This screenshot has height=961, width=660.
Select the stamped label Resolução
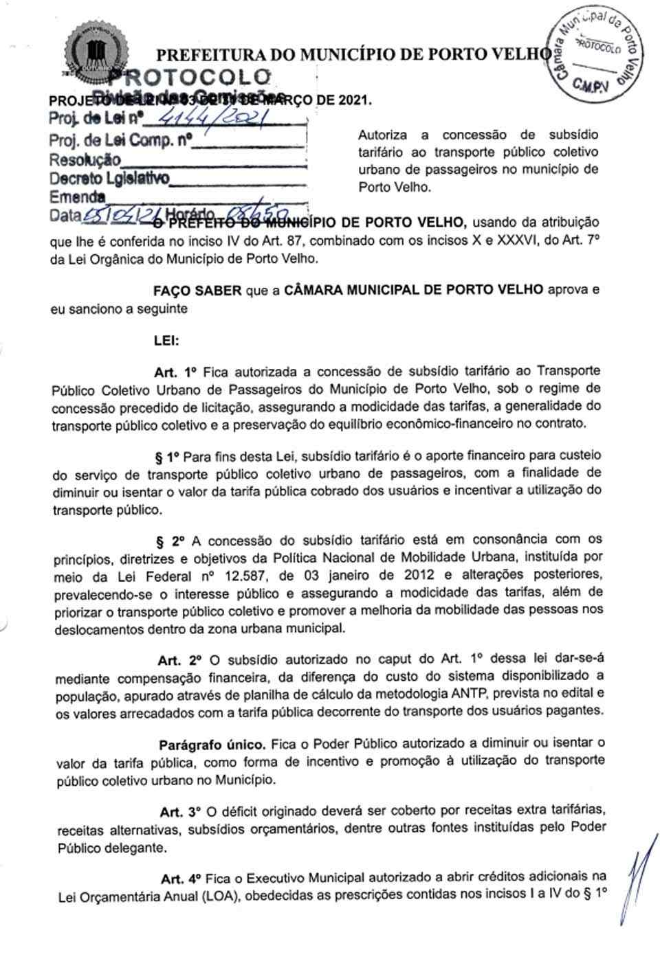tap(85, 160)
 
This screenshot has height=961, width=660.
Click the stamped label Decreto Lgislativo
tap(109, 179)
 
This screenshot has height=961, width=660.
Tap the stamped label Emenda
tap(77, 197)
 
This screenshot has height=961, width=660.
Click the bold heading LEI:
tap(166, 340)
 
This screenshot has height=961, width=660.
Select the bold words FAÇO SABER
tap(197, 290)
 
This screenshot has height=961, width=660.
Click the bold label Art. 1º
tap(176, 372)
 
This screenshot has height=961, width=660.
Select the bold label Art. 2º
tap(179, 660)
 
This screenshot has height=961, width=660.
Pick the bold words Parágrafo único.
tap(212, 744)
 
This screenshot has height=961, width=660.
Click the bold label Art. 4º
tap(181, 879)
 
